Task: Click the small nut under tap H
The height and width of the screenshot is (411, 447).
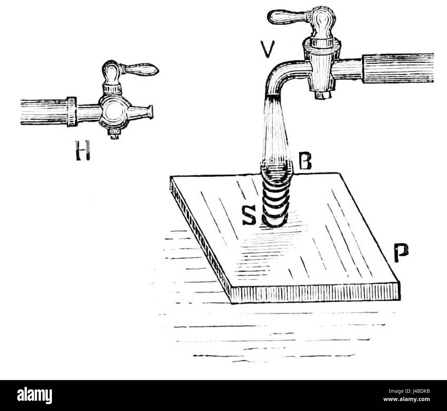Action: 115,134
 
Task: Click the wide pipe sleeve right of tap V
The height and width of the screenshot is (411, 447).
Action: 397,68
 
